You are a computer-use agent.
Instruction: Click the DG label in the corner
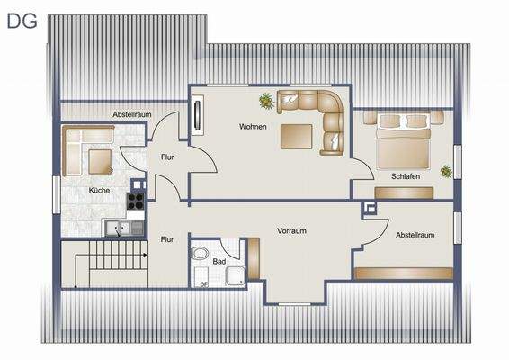[x=22, y=21]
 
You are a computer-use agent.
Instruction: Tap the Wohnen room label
[x=253, y=127]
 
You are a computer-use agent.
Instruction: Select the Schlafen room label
[x=406, y=176]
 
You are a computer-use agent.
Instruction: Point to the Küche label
[x=99, y=191]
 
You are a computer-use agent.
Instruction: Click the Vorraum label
[x=291, y=231]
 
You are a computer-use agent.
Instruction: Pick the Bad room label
[x=219, y=262]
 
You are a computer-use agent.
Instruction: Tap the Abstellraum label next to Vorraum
[x=415, y=235]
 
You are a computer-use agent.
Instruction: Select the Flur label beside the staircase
[x=166, y=239]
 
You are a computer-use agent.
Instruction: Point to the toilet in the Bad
[x=201, y=254]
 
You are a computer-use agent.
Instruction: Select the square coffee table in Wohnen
[x=297, y=137]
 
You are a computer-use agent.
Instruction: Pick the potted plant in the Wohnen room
[x=267, y=100]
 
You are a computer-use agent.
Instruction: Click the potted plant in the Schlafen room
[x=446, y=169]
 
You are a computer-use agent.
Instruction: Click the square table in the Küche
[x=100, y=162]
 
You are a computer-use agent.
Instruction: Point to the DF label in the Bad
[x=203, y=284]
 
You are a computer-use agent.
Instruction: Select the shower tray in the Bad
[x=235, y=275]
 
